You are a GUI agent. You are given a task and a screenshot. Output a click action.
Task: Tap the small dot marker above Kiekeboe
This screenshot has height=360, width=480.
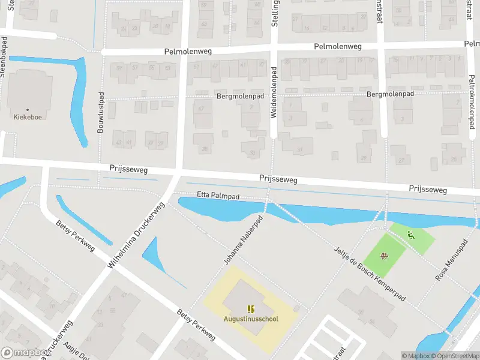pos(27,110)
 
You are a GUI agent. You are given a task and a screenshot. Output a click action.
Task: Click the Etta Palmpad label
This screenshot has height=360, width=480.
pos(218,195)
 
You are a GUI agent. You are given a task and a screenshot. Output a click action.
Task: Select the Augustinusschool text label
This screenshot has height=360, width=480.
pos(251,319)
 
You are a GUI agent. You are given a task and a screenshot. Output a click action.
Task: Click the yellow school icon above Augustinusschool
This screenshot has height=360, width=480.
pos(251,309)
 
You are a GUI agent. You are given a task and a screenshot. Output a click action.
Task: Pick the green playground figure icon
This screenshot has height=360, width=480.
pos(411,235)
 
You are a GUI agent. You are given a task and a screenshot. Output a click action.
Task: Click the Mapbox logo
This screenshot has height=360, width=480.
pos(25,353)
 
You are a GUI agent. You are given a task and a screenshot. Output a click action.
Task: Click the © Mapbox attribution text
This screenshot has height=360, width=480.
pos(415,356)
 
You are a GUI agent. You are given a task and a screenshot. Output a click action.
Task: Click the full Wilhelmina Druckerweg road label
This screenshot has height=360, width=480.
pos(136,234)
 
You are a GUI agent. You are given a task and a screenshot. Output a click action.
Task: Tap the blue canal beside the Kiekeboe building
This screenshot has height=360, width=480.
pos(79,102)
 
